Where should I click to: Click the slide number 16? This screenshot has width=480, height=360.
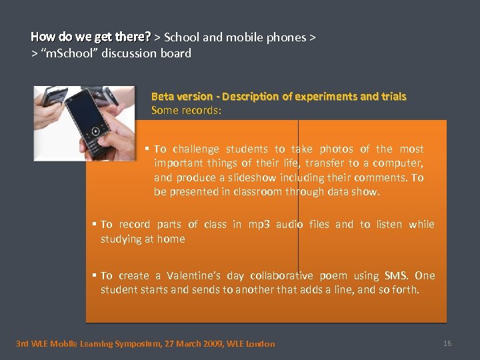[447, 343]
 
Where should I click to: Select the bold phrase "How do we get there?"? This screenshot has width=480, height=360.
[91, 37]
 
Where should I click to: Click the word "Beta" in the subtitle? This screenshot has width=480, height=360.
[163, 97]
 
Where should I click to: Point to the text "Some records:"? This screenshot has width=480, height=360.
[185, 111]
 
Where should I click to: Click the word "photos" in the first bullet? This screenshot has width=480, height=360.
[337, 149]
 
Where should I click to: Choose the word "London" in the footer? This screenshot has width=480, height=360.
[260, 344]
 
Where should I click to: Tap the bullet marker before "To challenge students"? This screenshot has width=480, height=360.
[147, 149]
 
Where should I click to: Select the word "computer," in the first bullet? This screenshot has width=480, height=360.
[401, 163]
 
